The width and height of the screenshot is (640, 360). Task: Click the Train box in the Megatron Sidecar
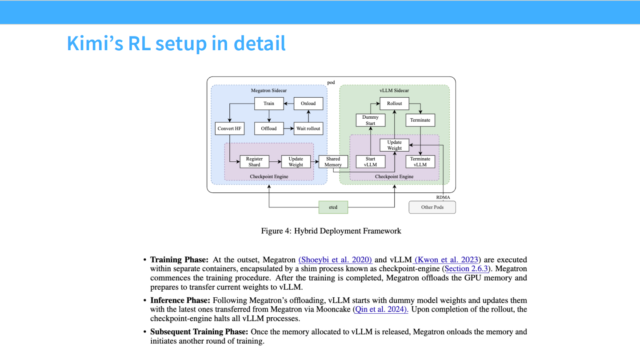point(269,104)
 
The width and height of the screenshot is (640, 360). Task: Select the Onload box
point(308,104)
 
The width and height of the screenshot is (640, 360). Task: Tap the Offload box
point(269,128)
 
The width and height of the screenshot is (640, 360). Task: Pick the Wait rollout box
point(308,128)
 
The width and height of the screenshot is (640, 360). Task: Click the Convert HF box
point(230,128)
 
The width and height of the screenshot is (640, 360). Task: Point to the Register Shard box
point(255,162)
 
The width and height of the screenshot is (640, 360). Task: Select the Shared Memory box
point(333,162)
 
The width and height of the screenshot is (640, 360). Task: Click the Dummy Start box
point(370,120)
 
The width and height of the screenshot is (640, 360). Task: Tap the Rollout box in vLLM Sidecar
point(394,104)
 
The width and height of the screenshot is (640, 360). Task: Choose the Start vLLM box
point(370,162)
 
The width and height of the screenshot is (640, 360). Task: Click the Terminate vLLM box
point(420,162)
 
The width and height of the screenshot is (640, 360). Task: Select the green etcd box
point(333,207)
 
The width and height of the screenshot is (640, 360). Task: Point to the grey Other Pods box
point(432,207)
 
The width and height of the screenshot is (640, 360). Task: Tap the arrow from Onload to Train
point(288,104)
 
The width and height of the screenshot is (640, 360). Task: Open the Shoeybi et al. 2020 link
point(335,260)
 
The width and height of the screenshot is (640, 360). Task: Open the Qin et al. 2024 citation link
point(381,309)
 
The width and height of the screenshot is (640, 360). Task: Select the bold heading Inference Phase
point(179,300)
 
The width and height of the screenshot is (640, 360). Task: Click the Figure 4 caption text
point(331,231)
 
